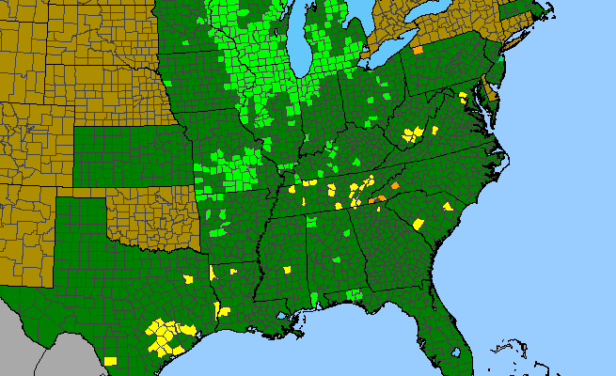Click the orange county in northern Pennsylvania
(x=417, y=48)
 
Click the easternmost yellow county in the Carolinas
(x=446, y=205)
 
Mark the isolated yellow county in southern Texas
(x=111, y=360)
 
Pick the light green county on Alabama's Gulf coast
(x=313, y=299)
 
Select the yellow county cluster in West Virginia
(x=411, y=133)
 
